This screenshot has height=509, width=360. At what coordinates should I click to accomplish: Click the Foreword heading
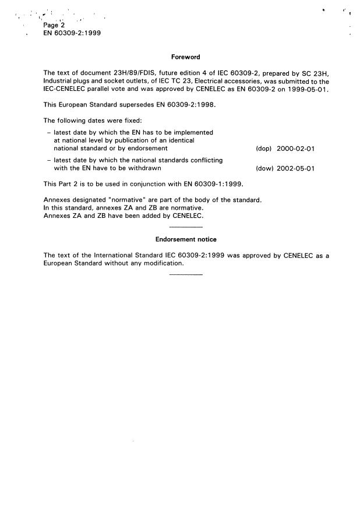click(186, 57)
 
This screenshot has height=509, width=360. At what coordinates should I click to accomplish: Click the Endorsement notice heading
click(186, 239)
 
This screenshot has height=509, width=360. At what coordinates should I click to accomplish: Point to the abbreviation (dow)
click(264, 169)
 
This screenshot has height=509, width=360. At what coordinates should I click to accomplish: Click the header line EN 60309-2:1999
click(72, 34)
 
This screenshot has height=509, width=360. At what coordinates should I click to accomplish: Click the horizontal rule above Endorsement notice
click(186, 226)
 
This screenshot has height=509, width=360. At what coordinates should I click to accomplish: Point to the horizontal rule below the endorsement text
click(186, 275)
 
